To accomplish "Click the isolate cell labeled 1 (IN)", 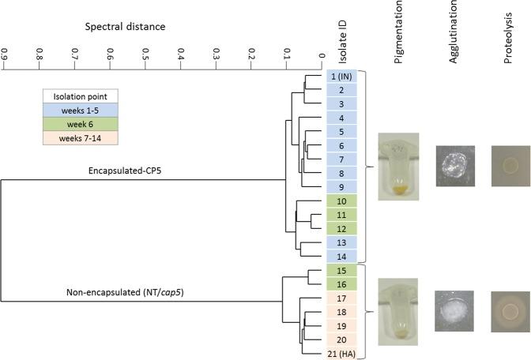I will click(343, 77).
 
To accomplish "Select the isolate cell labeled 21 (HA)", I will click(343, 353).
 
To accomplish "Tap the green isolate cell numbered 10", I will click(343, 201).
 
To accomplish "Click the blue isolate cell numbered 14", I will click(343, 256).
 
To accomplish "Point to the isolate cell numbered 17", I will click(343, 298).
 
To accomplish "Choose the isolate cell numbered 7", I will click(343, 159).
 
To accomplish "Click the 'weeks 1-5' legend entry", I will click(80, 111).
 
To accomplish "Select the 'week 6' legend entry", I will click(80, 125).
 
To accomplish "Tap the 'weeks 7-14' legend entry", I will click(80, 139).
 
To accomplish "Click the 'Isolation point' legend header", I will click(80, 96).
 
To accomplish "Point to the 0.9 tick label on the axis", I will click(5, 56).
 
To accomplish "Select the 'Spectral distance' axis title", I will click(126, 27).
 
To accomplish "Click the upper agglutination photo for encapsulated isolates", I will click(454, 166).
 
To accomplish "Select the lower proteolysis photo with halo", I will click(510, 304).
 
